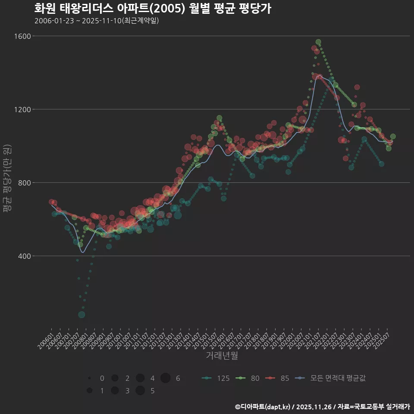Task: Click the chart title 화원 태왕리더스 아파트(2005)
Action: point(152,9)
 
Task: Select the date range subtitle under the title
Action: point(97,21)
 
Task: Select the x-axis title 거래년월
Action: point(222,356)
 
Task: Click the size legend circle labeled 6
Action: point(166,378)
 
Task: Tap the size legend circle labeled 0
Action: point(89,378)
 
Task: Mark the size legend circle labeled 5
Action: point(140,391)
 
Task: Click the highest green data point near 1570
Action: point(318,42)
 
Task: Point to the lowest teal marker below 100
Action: point(82,315)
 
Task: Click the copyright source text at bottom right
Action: point(323,407)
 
